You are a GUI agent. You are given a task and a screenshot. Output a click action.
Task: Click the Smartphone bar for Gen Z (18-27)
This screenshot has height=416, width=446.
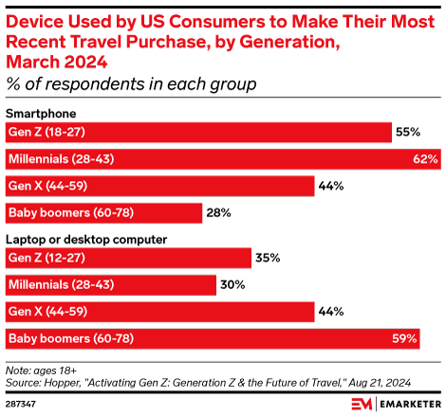[199, 132]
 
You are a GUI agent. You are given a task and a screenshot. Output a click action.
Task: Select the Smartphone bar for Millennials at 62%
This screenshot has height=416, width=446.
[223, 158]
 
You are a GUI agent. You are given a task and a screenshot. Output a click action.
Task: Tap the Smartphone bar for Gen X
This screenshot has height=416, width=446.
[159, 186]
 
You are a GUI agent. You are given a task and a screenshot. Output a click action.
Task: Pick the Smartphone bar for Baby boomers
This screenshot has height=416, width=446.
[103, 212]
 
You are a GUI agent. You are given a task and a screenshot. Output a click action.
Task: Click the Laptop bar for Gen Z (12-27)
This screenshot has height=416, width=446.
[128, 257]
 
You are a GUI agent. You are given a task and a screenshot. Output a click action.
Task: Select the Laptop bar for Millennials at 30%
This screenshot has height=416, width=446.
[110, 284]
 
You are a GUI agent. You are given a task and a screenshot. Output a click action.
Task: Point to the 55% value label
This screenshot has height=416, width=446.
[409, 132]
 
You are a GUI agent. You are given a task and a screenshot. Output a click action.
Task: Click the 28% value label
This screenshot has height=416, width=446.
[219, 212]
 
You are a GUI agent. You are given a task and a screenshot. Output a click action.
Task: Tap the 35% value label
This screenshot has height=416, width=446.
[268, 257]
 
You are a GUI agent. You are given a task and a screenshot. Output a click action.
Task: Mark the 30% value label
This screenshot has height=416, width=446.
[232, 284]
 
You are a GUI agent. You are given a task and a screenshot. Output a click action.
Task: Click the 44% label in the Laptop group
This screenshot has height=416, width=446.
[330, 311]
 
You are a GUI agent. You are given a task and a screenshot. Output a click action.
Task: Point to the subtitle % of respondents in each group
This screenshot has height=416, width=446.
[132, 85]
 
